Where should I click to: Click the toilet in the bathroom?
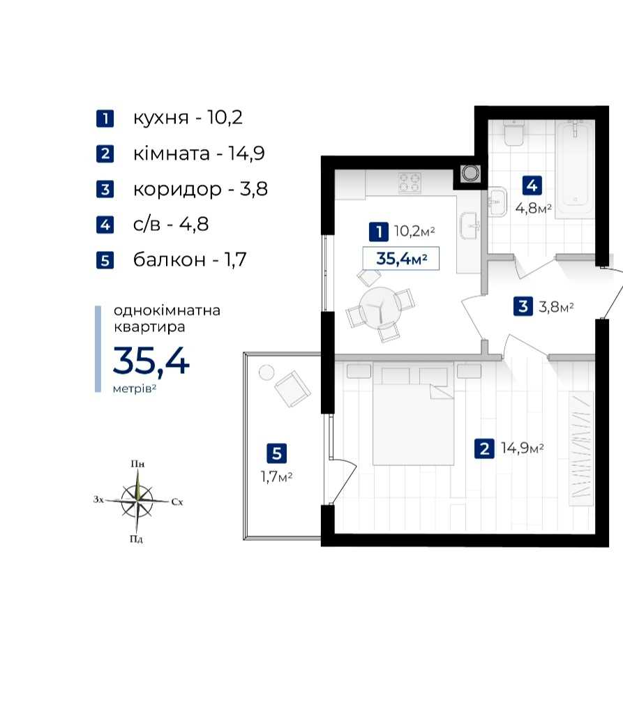pyautogui.click(x=513, y=133)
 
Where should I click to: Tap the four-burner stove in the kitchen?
pyautogui.click(x=410, y=183)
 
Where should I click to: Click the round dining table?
pyautogui.click(x=380, y=308)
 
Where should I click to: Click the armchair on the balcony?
pyautogui.click(x=292, y=389)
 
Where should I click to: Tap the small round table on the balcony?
pyautogui.click(x=267, y=372)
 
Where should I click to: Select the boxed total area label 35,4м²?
pyautogui.click(x=401, y=259)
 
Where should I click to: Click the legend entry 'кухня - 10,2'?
pyautogui.click(x=188, y=118)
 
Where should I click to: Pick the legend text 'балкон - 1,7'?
pyautogui.click(x=190, y=259)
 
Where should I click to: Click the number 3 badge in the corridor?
pyautogui.click(x=523, y=307)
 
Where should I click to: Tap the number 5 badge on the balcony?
pyautogui.click(x=277, y=453)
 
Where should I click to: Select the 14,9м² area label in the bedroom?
pyautogui.click(x=523, y=448)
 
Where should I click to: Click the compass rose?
pyautogui.click(x=137, y=501)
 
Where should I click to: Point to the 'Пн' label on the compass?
pyautogui.click(x=137, y=464)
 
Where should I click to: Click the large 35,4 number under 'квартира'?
pyautogui.click(x=151, y=361)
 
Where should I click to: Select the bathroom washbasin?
pyautogui.click(x=497, y=202)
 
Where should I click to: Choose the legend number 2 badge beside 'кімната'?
pyautogui.click(x=105, y=153)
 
